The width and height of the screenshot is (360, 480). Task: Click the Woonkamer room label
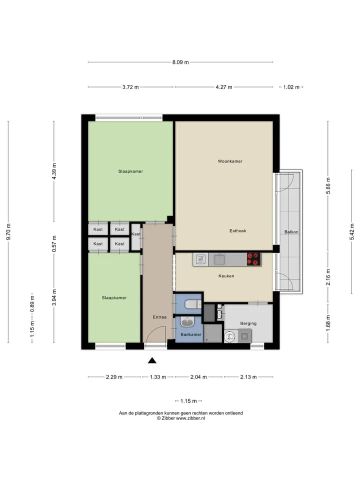(x=230, y=161)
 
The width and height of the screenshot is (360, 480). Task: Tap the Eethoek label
(x=237, y=231)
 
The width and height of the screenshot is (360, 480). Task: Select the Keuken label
(x=226, y=276)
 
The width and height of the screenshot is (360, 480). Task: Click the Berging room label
(x=248, y=323)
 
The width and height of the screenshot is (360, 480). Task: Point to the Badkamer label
(x=191, y=334)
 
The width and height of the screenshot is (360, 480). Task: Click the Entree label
(x=160, y=317)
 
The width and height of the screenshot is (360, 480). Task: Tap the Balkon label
(x=291, y=231)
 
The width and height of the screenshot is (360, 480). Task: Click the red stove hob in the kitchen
(x=254, y=259)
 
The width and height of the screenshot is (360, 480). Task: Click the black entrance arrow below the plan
(x=152, y=360)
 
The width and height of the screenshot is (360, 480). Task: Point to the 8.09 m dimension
(x=180, y=62)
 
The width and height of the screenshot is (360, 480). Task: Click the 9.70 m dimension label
(x=8, y=231)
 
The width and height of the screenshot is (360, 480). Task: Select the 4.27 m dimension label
(x=224, y=87)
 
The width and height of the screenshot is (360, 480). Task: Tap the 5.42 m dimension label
(x=351, y=231)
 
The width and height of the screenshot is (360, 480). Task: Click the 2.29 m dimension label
(x=114, y=377)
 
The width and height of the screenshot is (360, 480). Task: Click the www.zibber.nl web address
(x=190, y=418)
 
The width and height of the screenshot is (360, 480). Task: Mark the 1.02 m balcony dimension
(x=291, y=87)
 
